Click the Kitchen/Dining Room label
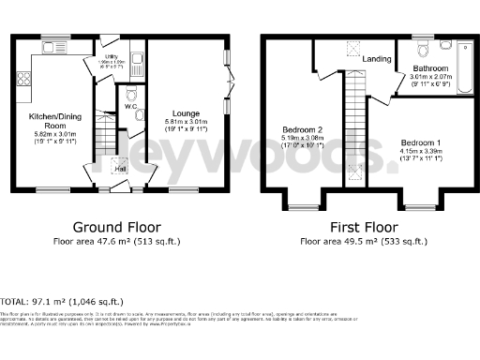49,120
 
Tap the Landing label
377,60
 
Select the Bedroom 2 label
303,129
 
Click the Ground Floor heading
118,227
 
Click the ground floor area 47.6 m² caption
118,242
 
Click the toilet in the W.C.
131,95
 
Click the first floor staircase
354,131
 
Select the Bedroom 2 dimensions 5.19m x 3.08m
303,140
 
